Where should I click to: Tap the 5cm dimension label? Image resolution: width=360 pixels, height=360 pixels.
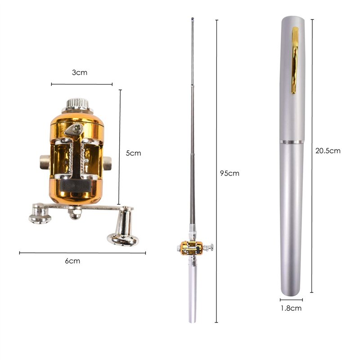pos(133,153)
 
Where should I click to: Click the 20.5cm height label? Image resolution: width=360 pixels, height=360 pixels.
pos(328,151)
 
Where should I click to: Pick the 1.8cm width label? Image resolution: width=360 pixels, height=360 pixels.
pos(291,308)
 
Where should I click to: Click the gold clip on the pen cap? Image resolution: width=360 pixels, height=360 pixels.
pos(295,61)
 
